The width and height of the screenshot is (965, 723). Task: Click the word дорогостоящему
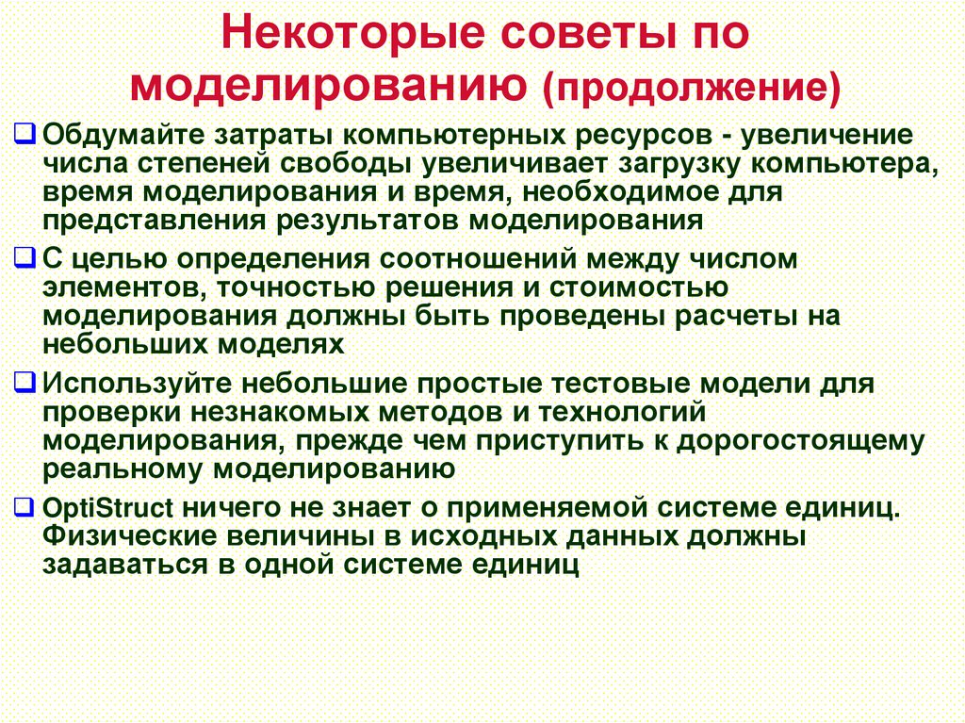[x=798, y=441]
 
